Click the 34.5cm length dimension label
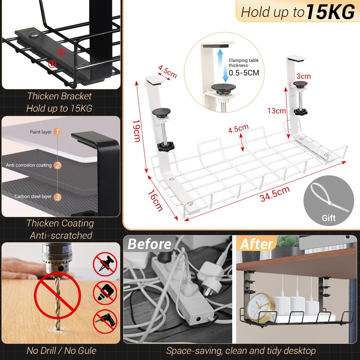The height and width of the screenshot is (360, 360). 275,194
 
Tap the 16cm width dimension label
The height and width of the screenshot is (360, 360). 155,200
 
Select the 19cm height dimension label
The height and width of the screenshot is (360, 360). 136,131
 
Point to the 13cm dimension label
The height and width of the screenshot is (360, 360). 276,111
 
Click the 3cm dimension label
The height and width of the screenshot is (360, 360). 303,76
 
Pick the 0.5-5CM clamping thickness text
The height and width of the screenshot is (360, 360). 244,73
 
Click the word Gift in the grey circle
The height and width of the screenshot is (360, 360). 329,218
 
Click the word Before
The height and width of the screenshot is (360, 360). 149,244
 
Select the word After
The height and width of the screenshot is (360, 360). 257,244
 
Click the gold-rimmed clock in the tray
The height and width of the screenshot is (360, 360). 261,307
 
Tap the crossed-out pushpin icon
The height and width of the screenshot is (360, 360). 105,264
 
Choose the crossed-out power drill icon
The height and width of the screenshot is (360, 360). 105,321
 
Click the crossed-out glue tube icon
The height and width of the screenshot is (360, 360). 105,293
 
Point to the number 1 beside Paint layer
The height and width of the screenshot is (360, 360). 57,131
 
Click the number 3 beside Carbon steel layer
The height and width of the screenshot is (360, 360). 57,197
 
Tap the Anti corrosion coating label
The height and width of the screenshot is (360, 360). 29,165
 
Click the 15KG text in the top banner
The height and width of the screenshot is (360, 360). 330,12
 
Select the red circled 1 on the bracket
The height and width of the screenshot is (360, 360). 61,53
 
